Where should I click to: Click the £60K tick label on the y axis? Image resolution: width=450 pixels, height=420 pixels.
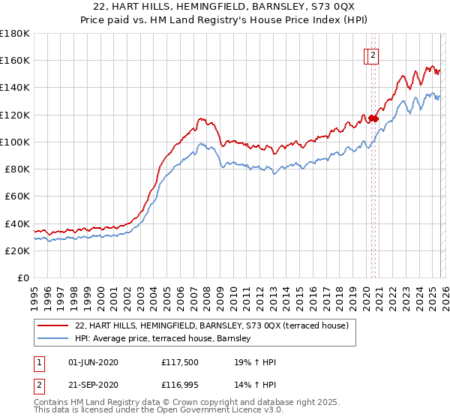[x=16, y=196]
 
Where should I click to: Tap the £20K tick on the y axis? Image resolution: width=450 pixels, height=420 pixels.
[x=16, y=251]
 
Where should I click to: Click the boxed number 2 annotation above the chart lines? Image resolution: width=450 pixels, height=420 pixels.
[x=373, y=54]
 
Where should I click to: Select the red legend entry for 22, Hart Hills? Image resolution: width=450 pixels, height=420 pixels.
[x=211, y=326]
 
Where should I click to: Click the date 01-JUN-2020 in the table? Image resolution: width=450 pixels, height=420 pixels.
[x=93, y=363]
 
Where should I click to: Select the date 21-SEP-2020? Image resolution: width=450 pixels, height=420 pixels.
[x=93, y=384]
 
